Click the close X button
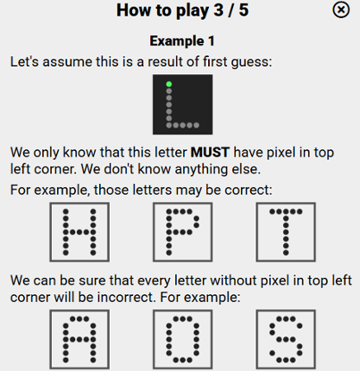(341, 9)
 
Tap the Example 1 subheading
(181, 41)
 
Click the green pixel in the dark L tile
(168, 84)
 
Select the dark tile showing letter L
(181, 104)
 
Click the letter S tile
(285, 340)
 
